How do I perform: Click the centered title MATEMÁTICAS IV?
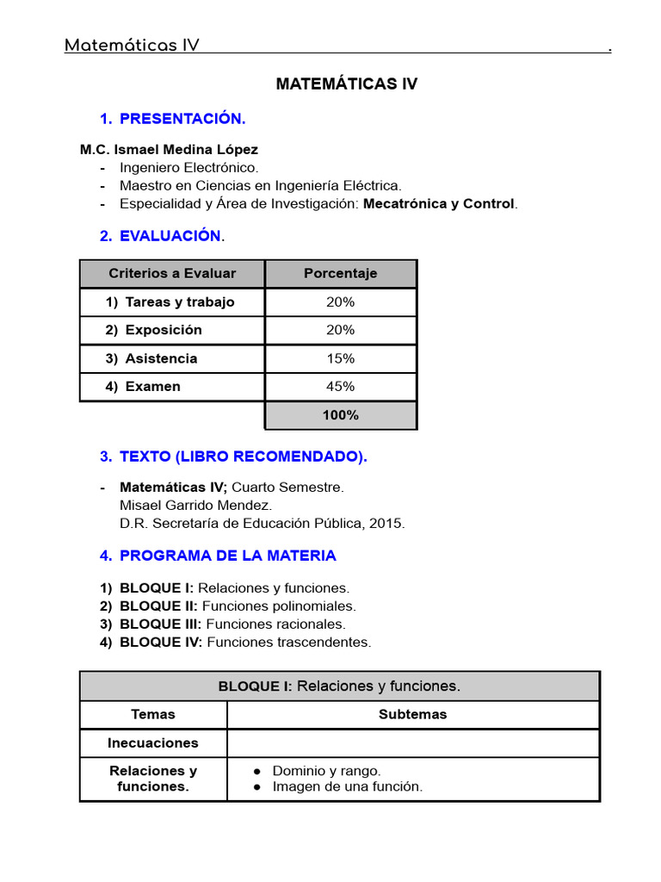click(346, 84)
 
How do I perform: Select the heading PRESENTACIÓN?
click(182, 118)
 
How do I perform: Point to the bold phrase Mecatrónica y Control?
click(439, 204)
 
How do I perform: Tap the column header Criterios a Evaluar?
click(172, 273)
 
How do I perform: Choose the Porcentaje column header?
click(340, 273)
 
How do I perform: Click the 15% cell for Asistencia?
click(340, 358)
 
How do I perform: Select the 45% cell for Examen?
click(340, 387)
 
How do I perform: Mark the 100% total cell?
click(340, 415)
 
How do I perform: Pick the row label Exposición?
click(164, 330)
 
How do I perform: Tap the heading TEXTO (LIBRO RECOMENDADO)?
click(243, 457)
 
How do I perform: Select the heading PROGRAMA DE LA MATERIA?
click(227, 556)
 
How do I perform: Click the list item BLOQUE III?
click(161, 624)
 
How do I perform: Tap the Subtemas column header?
click(412, 714)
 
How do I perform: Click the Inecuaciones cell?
click(152, 742)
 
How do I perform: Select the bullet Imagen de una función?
click(347, 786)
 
